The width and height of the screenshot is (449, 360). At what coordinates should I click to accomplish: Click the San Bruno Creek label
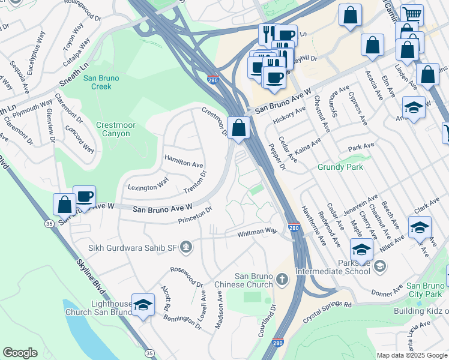[101, 82]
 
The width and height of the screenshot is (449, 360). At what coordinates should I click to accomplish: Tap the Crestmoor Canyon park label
[113, 129]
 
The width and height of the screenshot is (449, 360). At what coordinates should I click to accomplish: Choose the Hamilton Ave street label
[184, 164]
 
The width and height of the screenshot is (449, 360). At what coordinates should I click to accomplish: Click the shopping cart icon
[412, 14]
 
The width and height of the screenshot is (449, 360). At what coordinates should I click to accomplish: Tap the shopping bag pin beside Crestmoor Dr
[239, 128]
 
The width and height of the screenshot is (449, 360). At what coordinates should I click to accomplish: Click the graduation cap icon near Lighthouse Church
[143, 306]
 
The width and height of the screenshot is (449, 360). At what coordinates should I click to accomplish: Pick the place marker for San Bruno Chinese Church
[282, 280]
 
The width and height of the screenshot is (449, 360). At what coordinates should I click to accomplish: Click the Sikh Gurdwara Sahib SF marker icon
[187, 246]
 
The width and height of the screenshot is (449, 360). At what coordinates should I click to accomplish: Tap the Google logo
[20, 353]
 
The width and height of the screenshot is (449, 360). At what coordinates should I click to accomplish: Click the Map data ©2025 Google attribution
[411, 355]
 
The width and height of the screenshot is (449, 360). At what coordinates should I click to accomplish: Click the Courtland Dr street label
[267, 322]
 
